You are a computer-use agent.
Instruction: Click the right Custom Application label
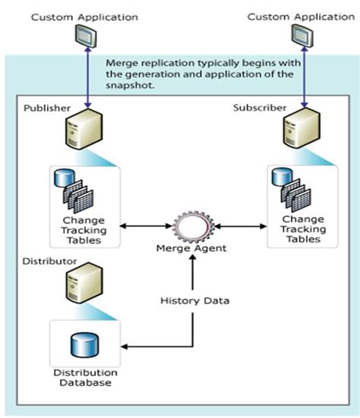click(x=292, y=16)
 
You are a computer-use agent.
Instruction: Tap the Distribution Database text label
click(x=85, y=377)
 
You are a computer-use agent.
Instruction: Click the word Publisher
click(x=46, y=108)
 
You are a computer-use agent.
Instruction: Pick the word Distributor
click(x=49, y=260)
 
